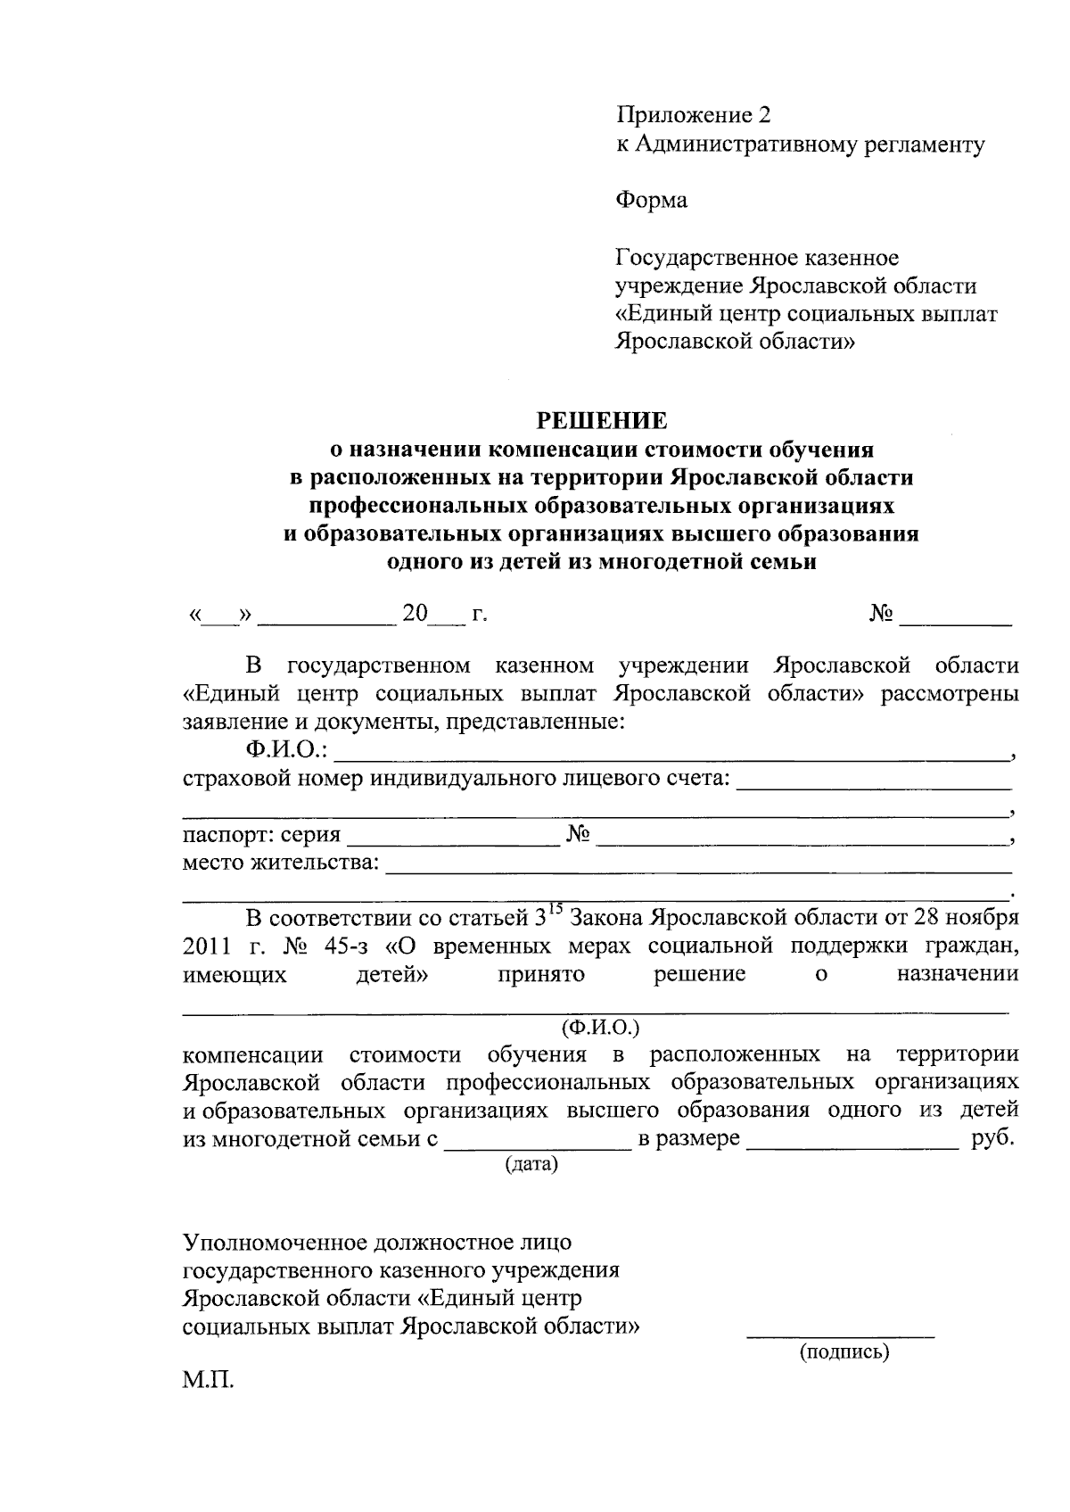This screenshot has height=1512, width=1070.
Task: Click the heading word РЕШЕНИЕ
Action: coord(600,419)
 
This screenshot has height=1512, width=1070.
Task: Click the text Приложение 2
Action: coord(692,115)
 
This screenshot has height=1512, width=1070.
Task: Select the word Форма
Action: coord(651,201)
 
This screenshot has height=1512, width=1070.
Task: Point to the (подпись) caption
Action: coord(844,1352)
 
